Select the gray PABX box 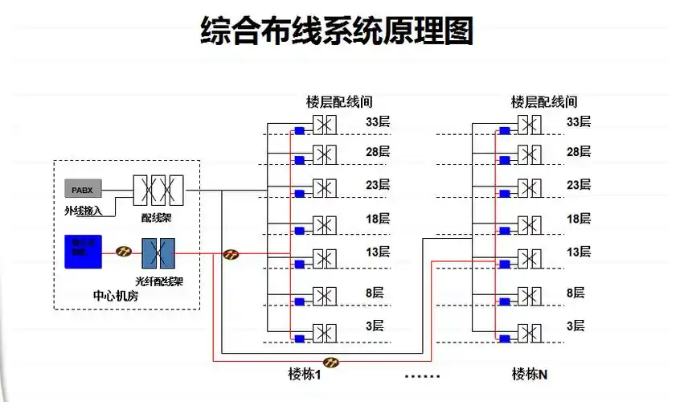tap(83, 190)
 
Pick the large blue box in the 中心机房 tap(83, 251)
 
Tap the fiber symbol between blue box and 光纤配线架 tap(124, 252)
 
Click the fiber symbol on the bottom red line tap(330, 362)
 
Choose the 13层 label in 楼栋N tap(579, 252)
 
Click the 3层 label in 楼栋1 tap(375, 326)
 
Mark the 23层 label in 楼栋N tap(579, 185)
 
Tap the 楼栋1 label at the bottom tap(305, 374)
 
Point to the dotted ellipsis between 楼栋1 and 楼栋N tap(422, 375)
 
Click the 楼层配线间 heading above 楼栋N tap(544, 102)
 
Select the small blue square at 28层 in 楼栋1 tap(299, 161)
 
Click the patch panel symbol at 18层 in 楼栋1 tap(325, 224)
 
